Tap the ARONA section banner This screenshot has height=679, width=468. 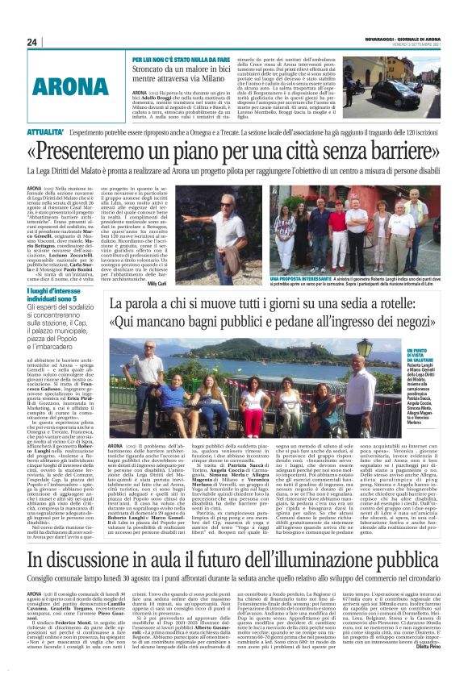pyautogui.click(x=73, y=85)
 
